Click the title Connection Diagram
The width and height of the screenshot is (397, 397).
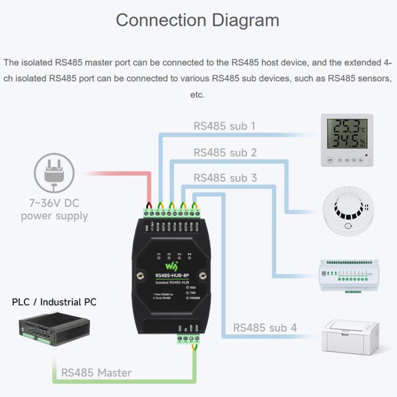tap(197, 20)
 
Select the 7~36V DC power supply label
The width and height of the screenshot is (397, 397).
tap(54, 210)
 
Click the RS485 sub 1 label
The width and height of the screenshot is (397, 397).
tap(224, 126)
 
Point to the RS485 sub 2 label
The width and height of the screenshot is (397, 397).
tap(224, 152)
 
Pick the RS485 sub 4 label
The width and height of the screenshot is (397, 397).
tap(265, 328)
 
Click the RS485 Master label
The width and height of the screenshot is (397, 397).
tap(96, 373)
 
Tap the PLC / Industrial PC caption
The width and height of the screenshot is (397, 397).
tap(55, 302)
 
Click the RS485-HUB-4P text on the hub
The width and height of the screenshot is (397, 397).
tap(173, 275)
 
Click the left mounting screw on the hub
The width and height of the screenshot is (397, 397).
tap(141, 275)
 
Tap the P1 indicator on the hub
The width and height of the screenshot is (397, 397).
tap(159, 255)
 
